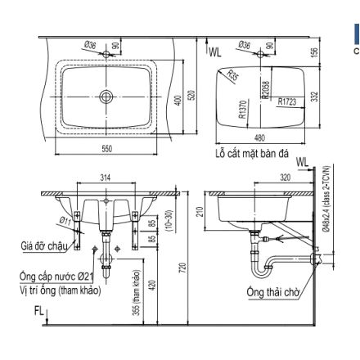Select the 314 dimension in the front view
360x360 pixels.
[104, 178]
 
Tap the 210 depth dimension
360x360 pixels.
[199, 214]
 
